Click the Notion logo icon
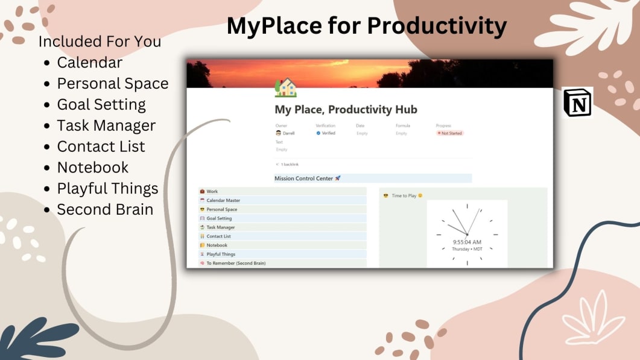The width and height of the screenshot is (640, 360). click(x=578, y=102)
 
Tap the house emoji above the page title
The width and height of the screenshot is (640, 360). click(x=285, y=88)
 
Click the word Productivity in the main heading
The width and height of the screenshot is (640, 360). click(x=436, y=25)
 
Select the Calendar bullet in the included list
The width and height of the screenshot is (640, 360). click(x=89, y=63)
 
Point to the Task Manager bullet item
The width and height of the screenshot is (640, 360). click(x=106, y=125)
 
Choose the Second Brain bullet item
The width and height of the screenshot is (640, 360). click(x=105, y=209)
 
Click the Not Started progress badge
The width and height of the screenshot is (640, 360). click(x=450, y=133)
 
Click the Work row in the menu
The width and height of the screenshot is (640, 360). click(x=212, y=192)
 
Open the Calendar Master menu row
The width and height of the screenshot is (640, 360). click(x=223, y=200)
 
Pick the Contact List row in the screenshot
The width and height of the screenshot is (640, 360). click(x=218, y=236)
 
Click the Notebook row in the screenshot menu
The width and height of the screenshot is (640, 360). click(x=217, y=245)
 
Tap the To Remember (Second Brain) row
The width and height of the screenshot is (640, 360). click(x=236, y=263)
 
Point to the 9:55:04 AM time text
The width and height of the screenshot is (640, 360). click(x=467, y=242)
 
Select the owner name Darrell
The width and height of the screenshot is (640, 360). click(x=288, y=133)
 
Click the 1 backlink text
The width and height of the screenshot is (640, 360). click(x=290, y=164)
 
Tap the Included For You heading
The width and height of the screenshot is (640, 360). click(x=100, y=42)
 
